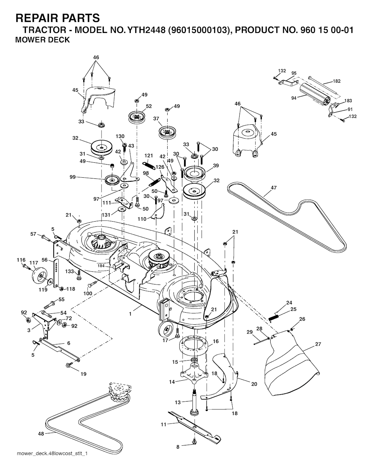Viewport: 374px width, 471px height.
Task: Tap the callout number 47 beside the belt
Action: click(274, 188)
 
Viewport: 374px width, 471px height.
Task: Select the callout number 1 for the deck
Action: click(130, 314)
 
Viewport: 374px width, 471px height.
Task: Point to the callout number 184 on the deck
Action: click(101, 266)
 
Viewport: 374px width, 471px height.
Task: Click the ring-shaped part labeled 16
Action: click(194, 345)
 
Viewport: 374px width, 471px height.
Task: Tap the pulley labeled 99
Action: click(112, 180)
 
